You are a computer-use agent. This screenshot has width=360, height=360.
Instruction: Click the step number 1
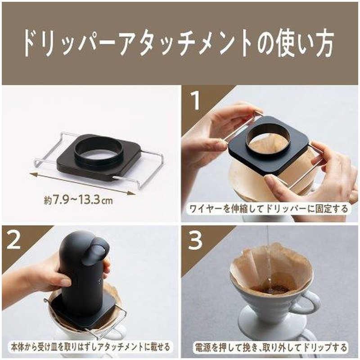[195, 100]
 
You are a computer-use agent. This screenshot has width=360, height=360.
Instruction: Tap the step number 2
[13, 240]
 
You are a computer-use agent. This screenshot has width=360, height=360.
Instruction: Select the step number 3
[195, 240]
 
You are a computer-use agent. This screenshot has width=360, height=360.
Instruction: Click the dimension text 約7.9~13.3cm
[78, 200]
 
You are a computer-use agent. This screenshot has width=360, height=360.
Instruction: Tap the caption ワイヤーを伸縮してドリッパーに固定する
[269, 209]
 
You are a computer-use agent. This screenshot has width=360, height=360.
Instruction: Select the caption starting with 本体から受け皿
[90, 347]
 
